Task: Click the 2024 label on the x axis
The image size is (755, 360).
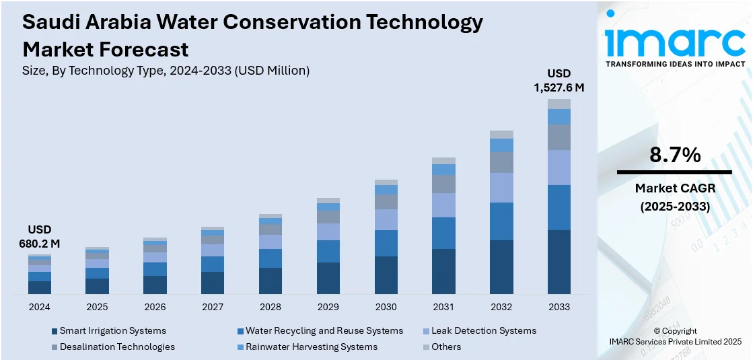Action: pyautogui.click(x=40, y=307)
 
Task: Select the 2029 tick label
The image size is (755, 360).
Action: pyautogui.click(x=328, y=307)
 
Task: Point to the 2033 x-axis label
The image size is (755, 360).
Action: pyautogui.click(x=559, y=307)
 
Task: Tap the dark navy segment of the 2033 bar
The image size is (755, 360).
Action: pyautogui.click(x=559, y=262)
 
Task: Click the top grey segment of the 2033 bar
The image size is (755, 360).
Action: pyautogui.click(x=559, y=104)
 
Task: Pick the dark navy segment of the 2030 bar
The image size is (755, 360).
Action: pyautogui.click(x=386, y=275)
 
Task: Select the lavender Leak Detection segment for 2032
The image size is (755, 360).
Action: pyautogui.click(x=501, y=188)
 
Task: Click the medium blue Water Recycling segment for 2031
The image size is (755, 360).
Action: pyautogui.click(x=444, y=233)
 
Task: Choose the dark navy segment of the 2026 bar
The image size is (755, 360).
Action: pyautogui.click(x=155, y=285)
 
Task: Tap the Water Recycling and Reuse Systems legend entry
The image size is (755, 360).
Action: pyautogui.click(x=324, y=331)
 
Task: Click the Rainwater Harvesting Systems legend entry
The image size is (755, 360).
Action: pyautogui.click(x=311, y=347)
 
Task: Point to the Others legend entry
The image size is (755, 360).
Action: pyautogui.click(x=446, y=347)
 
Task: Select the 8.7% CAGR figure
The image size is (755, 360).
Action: pyautogui.click(x=675, y=155)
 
